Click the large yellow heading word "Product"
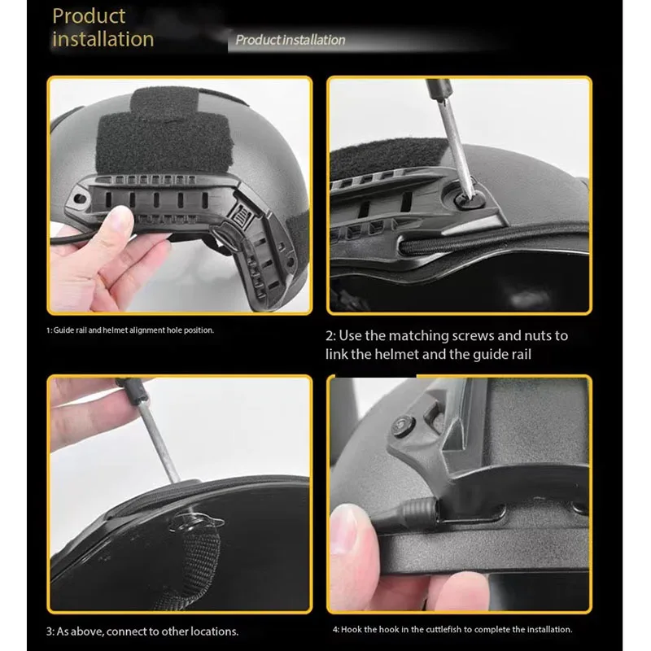tap(89, 16)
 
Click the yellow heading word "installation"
tap(103, 39)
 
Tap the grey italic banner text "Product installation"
tap(291, 40)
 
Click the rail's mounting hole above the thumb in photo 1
tap(79, 199)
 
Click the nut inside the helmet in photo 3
tap(191, 524)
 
